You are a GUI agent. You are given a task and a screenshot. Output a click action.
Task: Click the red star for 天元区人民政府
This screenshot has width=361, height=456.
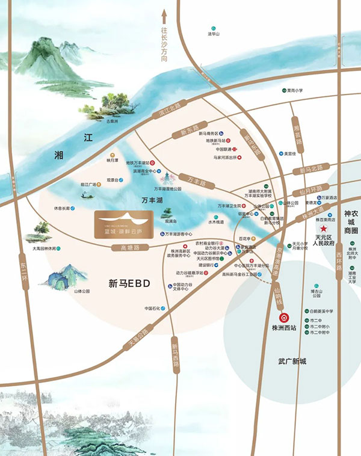324,229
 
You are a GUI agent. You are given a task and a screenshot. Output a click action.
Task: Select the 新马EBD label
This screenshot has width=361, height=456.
129,282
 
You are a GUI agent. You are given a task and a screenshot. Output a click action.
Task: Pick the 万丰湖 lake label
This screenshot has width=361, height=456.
152,199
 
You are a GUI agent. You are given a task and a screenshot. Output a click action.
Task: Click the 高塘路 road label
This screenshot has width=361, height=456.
130,247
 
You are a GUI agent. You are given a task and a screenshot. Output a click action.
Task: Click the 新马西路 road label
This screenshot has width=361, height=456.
175,355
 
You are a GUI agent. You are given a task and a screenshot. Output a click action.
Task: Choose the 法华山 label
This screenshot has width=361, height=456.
211,34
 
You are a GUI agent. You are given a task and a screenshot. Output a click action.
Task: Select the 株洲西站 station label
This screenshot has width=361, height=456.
281,328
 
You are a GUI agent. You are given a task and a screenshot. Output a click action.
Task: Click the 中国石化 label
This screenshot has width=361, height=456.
153,309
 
